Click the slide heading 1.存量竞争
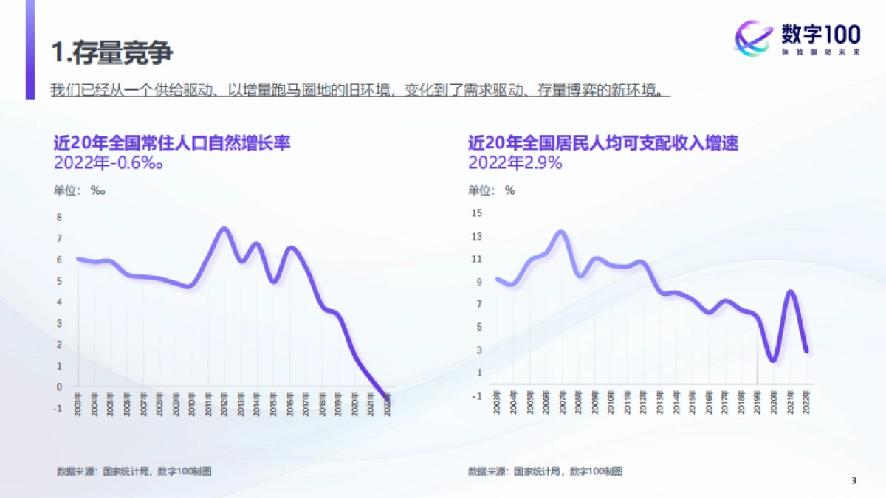coord(112,52)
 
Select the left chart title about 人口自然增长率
coord(171,142)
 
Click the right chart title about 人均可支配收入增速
coord(603,142)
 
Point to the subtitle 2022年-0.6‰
coord(108,163)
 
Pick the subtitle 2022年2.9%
coord(515,163)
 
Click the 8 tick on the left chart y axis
coord(60,217)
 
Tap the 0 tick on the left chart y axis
coord(60,387)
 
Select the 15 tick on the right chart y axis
coord(476,213)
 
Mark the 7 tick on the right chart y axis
coord(478,304)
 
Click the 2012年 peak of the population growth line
coord(224,229)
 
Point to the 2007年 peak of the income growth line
coord(561,233)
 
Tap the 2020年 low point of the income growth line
coord(773,360)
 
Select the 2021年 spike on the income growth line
coord(790,292)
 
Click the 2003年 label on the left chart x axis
coord(78,405)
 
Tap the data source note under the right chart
coord(545,471)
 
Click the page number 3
coord(854,481)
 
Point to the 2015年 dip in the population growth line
coord(274,281)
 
